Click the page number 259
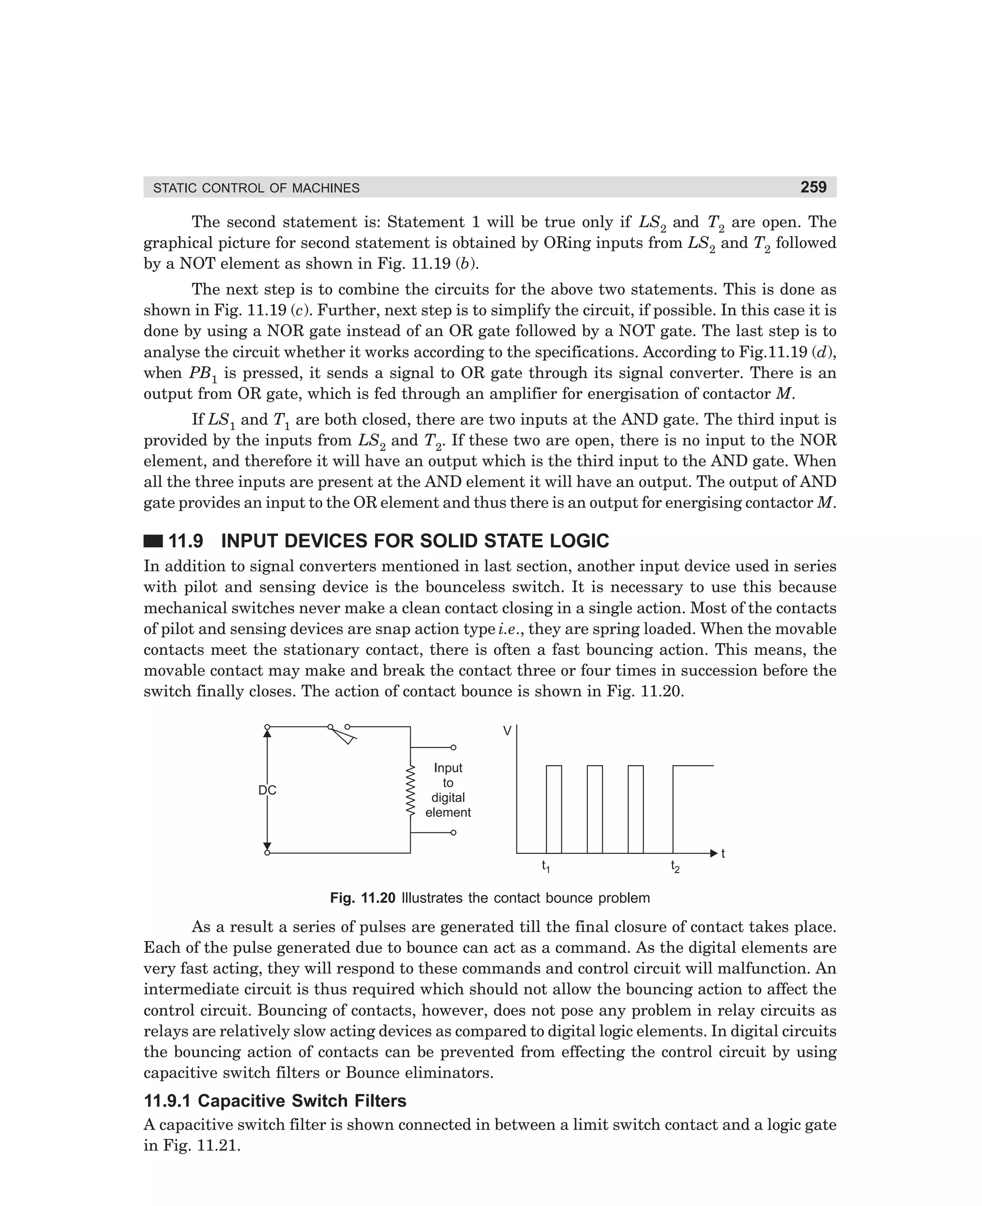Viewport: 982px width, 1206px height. pyautogui.click(x=813, y=187)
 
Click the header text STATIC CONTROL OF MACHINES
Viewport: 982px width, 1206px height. pyautogui.click(x=256, y=188)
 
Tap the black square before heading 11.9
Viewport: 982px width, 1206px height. pyautogui.click(x=153, y=541)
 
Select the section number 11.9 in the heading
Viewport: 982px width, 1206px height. pyautogui.click(x=186, y=541)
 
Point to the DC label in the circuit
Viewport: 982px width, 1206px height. pyautogui.click(x=267, y=790)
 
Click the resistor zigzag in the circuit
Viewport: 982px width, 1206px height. pyautogui.click(x=410, y=790)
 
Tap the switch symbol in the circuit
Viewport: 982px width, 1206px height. pyautogui.click(x=342, y=734)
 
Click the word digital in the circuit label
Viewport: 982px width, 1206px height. pyautogui.click(x=448, y=798)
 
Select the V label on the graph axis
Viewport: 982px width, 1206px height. pyautogui.click(x=507, y=731)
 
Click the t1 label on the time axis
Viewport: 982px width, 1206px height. pyautogui.click(x=546, y=866)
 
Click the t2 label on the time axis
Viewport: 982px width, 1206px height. pyautogui.click(x=675, y=866)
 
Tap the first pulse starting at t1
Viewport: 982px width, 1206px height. pyautogui.click(x=554, y=809)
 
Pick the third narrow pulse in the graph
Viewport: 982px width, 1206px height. pyautogui.click(x=635, y=809)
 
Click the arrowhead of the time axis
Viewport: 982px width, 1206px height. pyautogui.click(x=714, y=853)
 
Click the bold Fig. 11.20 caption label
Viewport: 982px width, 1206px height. pyautogui.click(x=362, y=898)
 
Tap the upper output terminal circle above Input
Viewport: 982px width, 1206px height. pyautogui.click(x=453, y=747)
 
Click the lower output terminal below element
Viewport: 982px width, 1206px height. pyautogui.click(x=453, y=833)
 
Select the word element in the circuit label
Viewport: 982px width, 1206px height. pyautogui.click(x=448, y=812)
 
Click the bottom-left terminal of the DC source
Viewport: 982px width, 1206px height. pyautogui.click(x=267, y=853)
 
